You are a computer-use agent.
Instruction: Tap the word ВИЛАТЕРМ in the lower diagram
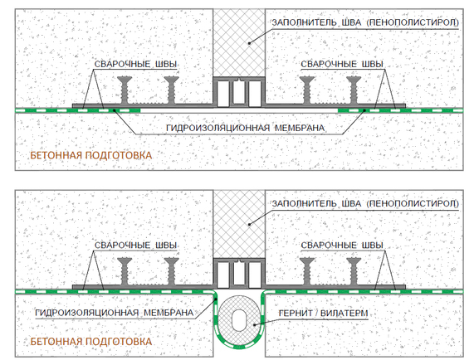pyautogui.click(x=344, y=314)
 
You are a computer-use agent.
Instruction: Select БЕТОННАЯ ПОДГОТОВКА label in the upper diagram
pyautogui.click(x=91, y=155)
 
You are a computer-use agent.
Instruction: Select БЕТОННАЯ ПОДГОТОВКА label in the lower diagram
pyautogui.click(x=91, y=342)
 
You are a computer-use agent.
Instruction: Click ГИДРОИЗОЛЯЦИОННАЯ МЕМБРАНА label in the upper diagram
pyautogui.click(x=245, y=128)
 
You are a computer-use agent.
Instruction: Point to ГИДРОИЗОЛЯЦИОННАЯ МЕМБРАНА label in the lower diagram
pyautogui.click(x=115, y=313)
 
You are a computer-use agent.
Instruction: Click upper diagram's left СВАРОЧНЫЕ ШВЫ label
pyautogui.click(x=135, y=64)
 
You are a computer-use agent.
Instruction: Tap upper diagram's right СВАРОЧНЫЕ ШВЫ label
pyautogui.click(x=342, y=64)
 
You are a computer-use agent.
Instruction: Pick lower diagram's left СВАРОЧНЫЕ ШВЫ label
pyautogui.click(x=135, y=246)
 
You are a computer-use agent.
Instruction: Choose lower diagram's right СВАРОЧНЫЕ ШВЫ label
pyautogui.click(x=342, y=246)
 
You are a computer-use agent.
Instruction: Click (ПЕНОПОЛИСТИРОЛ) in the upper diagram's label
pyautogui.click(x=413, y=22)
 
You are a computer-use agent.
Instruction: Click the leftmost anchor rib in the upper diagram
pyautogui.click(x=125, y=90)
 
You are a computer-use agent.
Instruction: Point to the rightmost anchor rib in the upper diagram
pyautogui.click(x=354, y=90)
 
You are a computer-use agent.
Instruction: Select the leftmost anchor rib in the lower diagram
pyautogui.click(x=125, y=271)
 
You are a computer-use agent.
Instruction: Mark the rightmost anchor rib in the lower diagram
pyautogui.click(x=354, y=271)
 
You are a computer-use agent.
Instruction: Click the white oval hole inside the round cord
pyautogui.click(x=239, y=320)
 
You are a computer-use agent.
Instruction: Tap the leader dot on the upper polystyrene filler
pyautogui.click(x=249, y=43)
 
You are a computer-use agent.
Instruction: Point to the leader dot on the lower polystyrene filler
pyautogui.click(x=249, y=225)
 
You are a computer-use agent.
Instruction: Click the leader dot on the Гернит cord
pyautogui.click(x=255, y=325)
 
